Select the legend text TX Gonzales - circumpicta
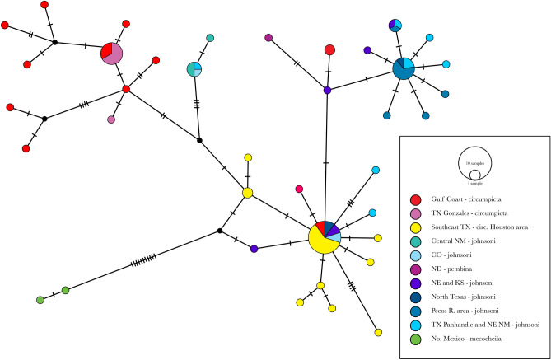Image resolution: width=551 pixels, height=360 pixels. [x=469, y=214]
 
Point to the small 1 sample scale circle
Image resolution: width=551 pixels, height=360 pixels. [x=475, y=175]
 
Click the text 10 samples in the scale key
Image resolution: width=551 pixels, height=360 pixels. [x=475, y=165]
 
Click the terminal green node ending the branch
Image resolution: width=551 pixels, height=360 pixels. [x=40, y=299]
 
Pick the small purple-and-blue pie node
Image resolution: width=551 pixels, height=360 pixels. [x=395, y=26]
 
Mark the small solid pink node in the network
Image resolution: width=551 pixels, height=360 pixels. [x=111, y=119]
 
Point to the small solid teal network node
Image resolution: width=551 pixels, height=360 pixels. [x=210, y=38]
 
